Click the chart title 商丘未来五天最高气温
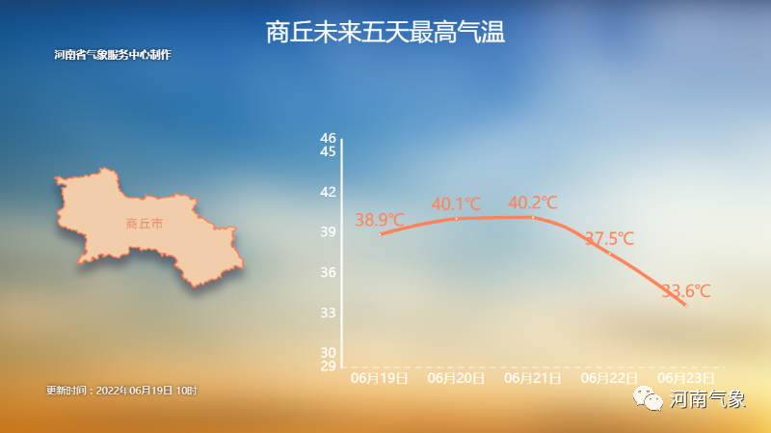(385, 33)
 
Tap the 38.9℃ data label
(380, 220)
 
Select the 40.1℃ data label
(456, 204)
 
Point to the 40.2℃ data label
(533, 203)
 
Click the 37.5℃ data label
(610, 238)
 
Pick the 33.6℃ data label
(686, 291)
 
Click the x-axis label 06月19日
(379, 378)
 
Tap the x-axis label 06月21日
(533, 378)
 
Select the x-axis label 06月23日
(686, 378)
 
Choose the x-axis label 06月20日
(456, 378)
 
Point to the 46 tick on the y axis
(328, 138)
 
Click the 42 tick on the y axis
(328, 192)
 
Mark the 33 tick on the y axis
(328, 312)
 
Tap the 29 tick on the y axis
(328, 366)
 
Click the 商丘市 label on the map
(144, 224)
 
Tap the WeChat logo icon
(648, 398)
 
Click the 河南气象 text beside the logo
(707, 399)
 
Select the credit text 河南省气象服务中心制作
(113, 55)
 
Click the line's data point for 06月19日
(380, 234)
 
